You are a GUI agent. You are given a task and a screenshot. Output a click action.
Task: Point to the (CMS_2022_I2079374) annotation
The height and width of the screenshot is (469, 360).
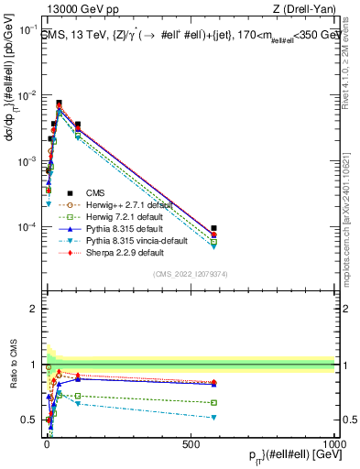[x=188, y=272]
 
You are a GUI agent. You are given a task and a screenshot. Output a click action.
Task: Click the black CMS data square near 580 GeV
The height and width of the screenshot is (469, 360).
[x=213, y=228]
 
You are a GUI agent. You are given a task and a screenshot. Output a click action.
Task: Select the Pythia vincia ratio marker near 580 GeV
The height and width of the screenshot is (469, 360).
[x=213, y=418]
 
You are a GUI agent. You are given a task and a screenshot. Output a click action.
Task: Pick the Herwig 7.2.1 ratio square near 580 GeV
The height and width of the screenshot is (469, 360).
[x=213, y=402]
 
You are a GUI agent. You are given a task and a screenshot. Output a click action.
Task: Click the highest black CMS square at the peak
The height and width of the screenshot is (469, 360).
[x=59, y=104]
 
